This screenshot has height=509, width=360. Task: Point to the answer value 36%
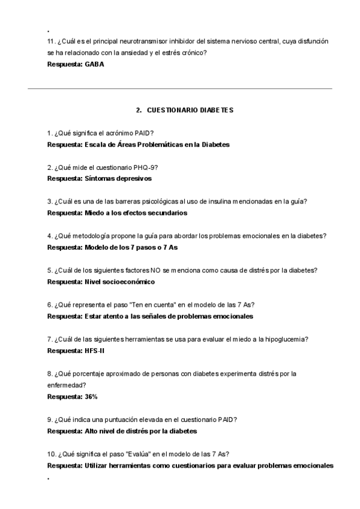tap(91, 397)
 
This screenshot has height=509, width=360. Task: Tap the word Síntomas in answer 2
tap(100, 179)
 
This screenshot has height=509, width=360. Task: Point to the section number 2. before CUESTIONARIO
tap(139, 110)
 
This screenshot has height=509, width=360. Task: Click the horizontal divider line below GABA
tap(180, 89)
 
